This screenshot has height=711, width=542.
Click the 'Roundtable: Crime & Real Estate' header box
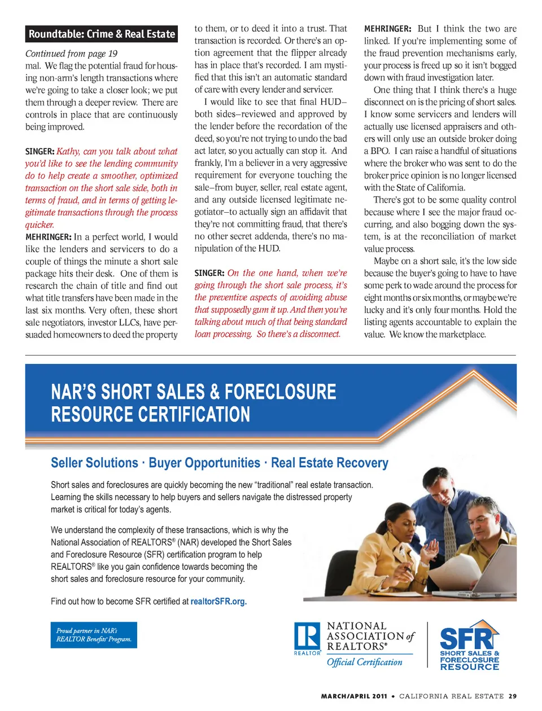(102, 34)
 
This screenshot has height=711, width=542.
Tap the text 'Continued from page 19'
(71, 54)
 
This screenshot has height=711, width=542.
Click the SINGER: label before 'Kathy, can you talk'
(40, 151)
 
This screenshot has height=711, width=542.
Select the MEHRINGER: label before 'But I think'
(387, 29)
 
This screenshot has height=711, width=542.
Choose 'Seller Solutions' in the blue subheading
(94, 463)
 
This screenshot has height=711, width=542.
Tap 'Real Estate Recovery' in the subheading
(330, 463)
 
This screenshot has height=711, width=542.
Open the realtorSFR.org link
(218, 602)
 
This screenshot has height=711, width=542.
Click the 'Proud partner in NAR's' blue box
(94, 635)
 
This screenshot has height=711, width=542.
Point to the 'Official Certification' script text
(365, 662)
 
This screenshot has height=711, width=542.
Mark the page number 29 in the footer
(512, 696)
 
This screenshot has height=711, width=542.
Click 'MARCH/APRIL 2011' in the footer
(354, 696)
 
